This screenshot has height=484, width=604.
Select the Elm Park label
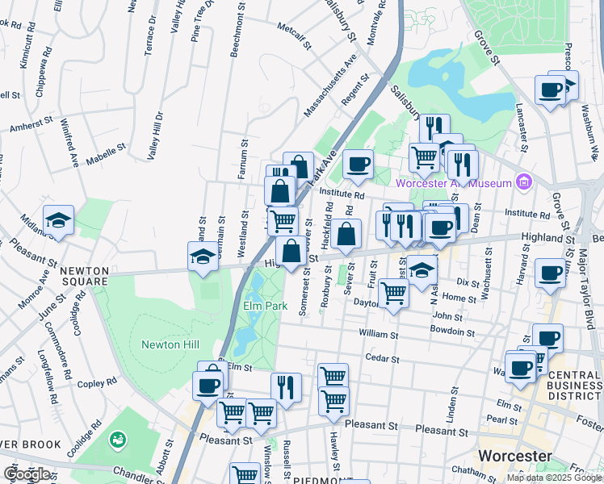coord(266,307)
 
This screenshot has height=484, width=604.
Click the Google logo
coord(27,474)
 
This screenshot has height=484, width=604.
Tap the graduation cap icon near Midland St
coord(59,220)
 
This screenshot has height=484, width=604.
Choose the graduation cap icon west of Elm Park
coord(202,257)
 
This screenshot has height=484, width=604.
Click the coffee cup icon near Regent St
coord(358,165)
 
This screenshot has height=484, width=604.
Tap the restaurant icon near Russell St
coord(286,387)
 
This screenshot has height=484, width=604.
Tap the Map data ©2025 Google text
coord(552,478)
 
